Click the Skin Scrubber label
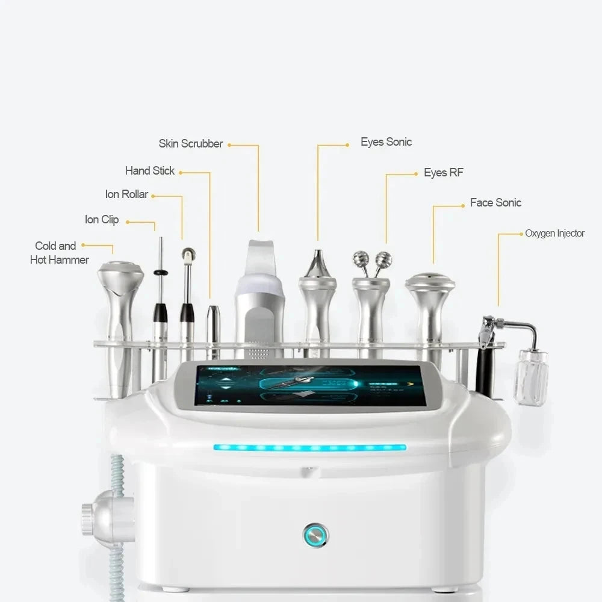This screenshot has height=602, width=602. coord(190,144)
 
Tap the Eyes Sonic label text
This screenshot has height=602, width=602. coord(386,142)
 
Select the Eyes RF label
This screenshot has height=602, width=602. coord(443,173)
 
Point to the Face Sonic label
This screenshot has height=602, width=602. coord(495,203)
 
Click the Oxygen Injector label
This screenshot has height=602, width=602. coord(554,234)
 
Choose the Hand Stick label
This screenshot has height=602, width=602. coord(150,171)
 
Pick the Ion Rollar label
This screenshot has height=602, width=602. coord(126,194)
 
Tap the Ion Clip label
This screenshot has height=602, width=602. coord(102,220)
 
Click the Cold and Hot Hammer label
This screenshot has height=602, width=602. coord(59,253)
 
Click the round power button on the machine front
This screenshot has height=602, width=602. coord(315,534)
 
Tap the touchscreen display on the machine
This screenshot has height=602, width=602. coord(310,385)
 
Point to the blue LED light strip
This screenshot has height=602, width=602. coord(309,447)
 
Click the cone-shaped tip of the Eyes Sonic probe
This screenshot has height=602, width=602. coord(317,264)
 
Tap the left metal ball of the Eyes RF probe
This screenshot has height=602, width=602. coord(361,259)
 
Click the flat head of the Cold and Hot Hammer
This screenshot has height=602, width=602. coord(120,267)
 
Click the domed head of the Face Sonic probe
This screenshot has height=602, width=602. coord(430,280)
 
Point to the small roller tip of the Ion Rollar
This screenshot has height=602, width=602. coord(188,254)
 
